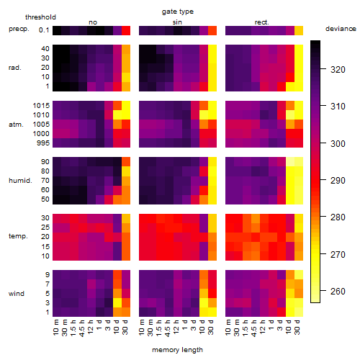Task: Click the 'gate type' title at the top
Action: point(178,12)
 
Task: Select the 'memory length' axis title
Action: point(177,350)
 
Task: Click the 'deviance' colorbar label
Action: point(341,29)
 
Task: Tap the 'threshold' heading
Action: point(40,17)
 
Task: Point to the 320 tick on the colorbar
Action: point(338,70)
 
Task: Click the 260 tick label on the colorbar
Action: point(338,292)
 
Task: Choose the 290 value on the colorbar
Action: point(338,181)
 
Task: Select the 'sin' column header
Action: point(177,22)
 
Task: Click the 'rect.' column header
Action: point(261,22)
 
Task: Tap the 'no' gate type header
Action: point(93,22)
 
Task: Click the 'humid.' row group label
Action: point(20,181)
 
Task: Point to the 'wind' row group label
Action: point(17,294)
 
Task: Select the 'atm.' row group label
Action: point(16,125)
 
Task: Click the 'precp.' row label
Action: point(19,30)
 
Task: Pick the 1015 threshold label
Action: point(41,106)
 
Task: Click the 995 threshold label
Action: point(43,143)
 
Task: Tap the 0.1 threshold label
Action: point(44,30)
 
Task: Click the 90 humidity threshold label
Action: point(45,162)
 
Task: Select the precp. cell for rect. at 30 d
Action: point(299,31)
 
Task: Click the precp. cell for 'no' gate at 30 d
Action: point(126,31)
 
